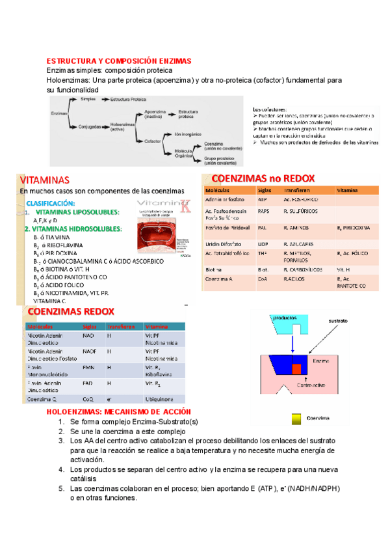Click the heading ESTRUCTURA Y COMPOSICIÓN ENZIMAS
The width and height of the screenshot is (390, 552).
pyautogui.click(x=118, y=61)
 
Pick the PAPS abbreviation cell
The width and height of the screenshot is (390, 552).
pyautogui.click(x=263, y=212)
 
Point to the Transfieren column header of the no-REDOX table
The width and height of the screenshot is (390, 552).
pyautogui.click(x=296, y=189)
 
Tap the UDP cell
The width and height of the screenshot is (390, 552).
pyautogui.click(x=263, y=242)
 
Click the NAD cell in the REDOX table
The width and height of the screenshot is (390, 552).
pyautogui.click(x=88, y=336)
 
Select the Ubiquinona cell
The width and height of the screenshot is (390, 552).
pyautogui.click(x=159, y=400)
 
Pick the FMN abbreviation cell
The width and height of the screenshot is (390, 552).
pyautogui.click(x=88, y=368)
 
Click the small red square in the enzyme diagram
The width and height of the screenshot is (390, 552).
pyautogui.click(x=296, y=369)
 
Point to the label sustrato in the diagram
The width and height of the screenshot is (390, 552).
pyautogui.click(x=343, y=321)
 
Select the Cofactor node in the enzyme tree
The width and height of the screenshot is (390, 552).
pyautogui.click(x=153, y=140)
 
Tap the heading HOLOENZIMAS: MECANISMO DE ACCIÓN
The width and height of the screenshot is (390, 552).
pyautogui.click(x=120, y=412)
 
